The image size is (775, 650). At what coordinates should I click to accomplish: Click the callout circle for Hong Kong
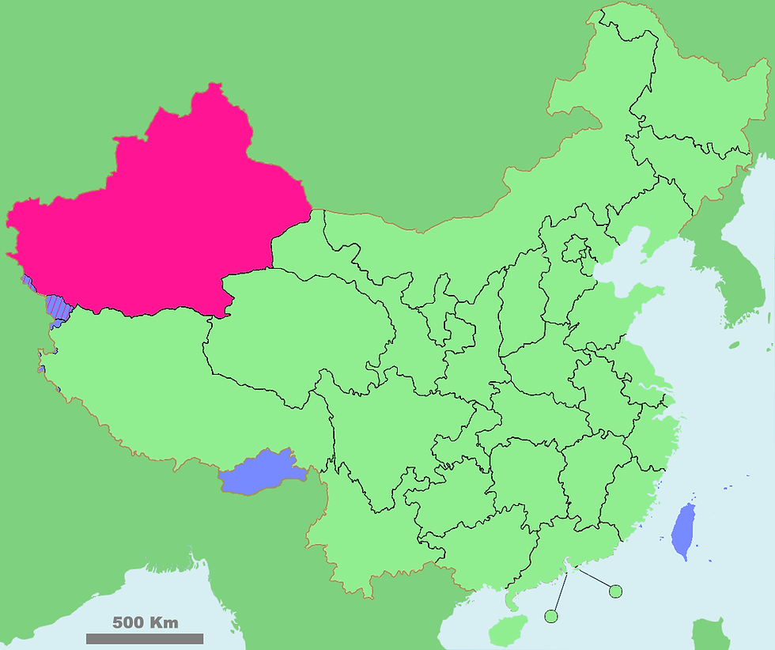pos(615,591)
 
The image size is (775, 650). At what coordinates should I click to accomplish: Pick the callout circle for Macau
pos(551,616)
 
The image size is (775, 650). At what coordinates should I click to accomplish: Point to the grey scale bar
pos(145,638)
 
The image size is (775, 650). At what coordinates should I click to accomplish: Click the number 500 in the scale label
pos(127,622)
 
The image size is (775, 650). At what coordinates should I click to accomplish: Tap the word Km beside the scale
pos(165,622)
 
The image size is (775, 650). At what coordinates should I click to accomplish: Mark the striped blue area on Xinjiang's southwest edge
pos(57,307)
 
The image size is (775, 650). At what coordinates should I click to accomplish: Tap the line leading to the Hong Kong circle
pos(595,579)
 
